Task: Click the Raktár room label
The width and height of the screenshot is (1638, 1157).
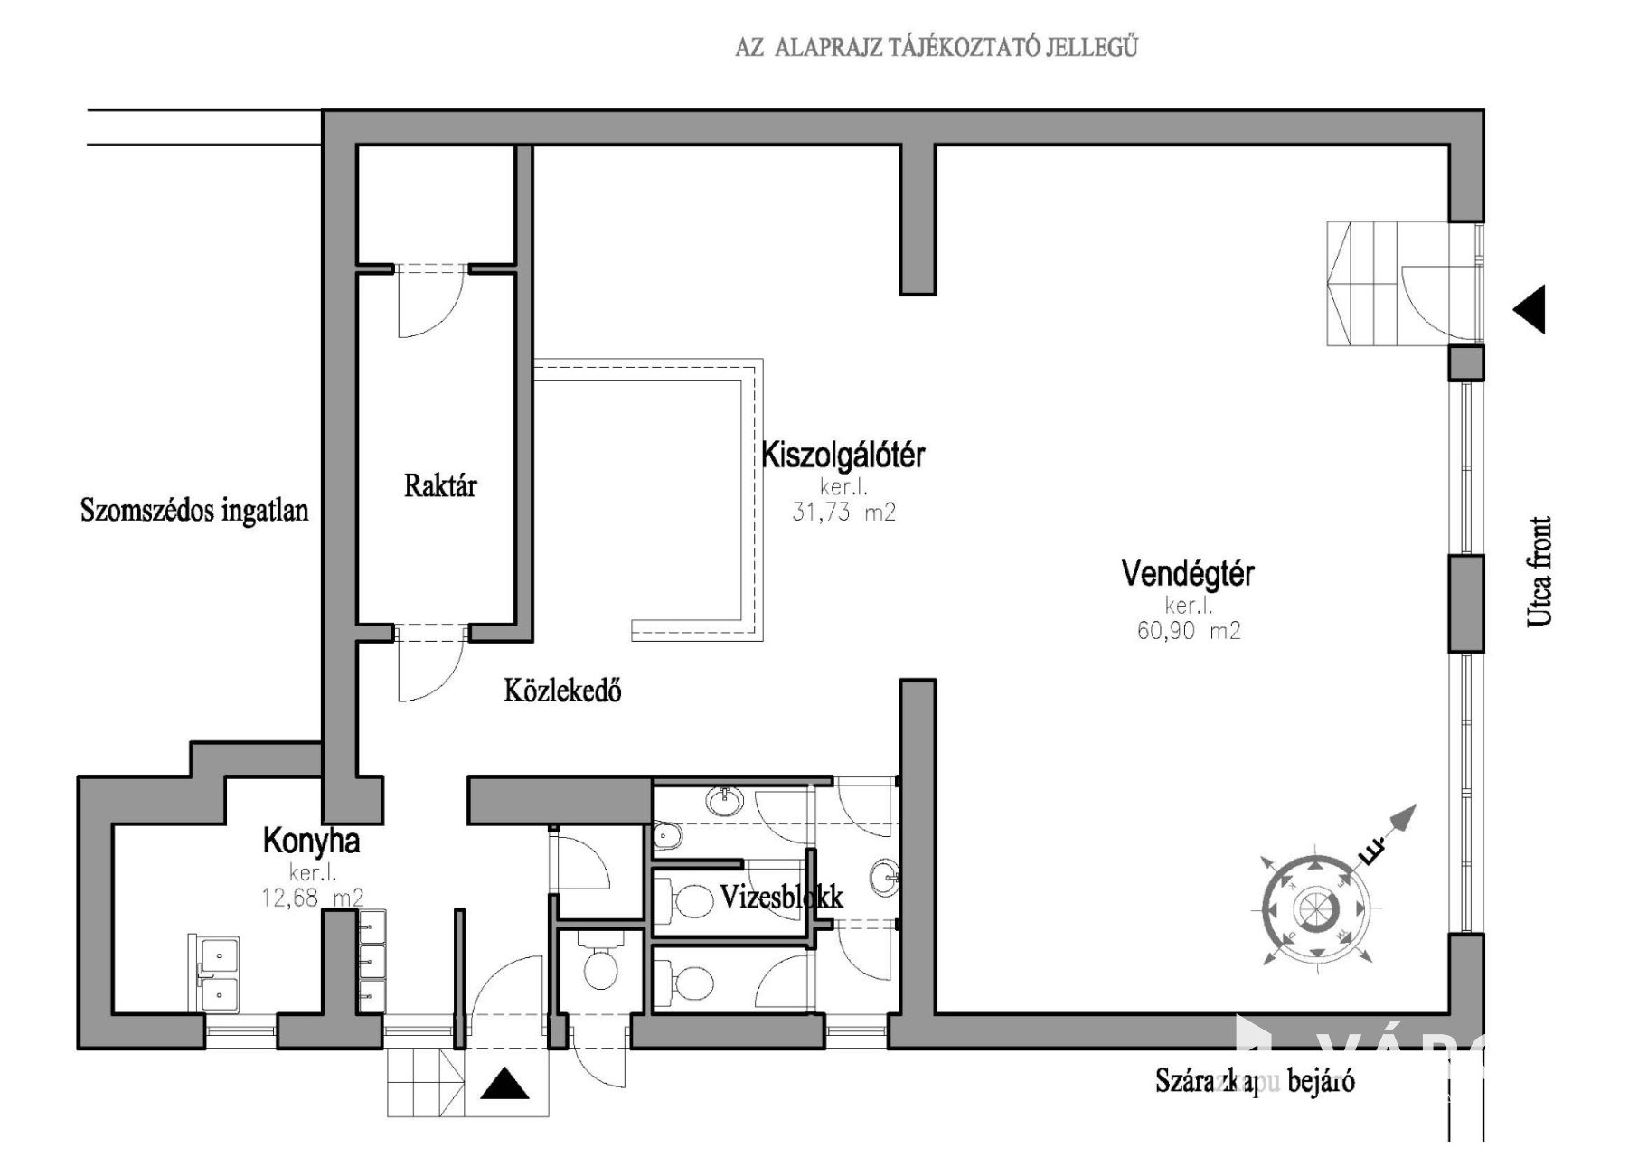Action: (440, 486)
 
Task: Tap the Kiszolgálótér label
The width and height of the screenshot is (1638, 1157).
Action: (843, 455)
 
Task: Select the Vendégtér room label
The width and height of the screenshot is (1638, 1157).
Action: (1188, 573)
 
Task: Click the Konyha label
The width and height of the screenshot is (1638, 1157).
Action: (311, 842)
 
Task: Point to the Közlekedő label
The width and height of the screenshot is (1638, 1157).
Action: (562, 691)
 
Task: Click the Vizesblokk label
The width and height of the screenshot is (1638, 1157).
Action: (782, 897)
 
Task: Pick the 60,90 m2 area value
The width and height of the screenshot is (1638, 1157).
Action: (1189, 631)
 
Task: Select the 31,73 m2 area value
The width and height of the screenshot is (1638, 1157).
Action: (843, 513)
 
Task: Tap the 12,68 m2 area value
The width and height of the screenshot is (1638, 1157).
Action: (313, 898)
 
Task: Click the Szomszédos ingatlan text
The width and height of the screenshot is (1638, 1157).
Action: (194, 511)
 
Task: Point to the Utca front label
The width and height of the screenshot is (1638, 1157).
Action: (1539, 571)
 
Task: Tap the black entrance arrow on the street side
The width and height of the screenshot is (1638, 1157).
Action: (1530, 310)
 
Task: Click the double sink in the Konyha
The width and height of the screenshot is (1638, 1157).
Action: (217, 972)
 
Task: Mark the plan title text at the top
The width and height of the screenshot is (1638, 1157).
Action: (936, 47)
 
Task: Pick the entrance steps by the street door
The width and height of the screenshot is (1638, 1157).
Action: (1362, 283)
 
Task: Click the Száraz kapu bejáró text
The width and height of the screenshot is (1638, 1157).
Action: (1255, 1081)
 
